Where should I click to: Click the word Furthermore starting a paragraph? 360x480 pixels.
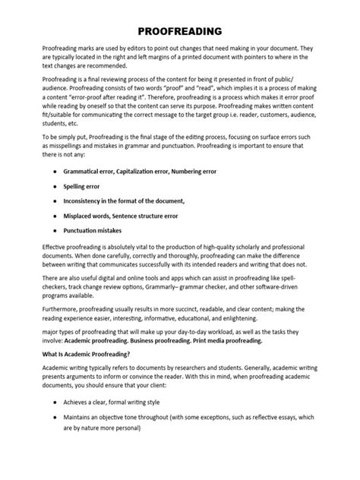click(65, 321)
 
